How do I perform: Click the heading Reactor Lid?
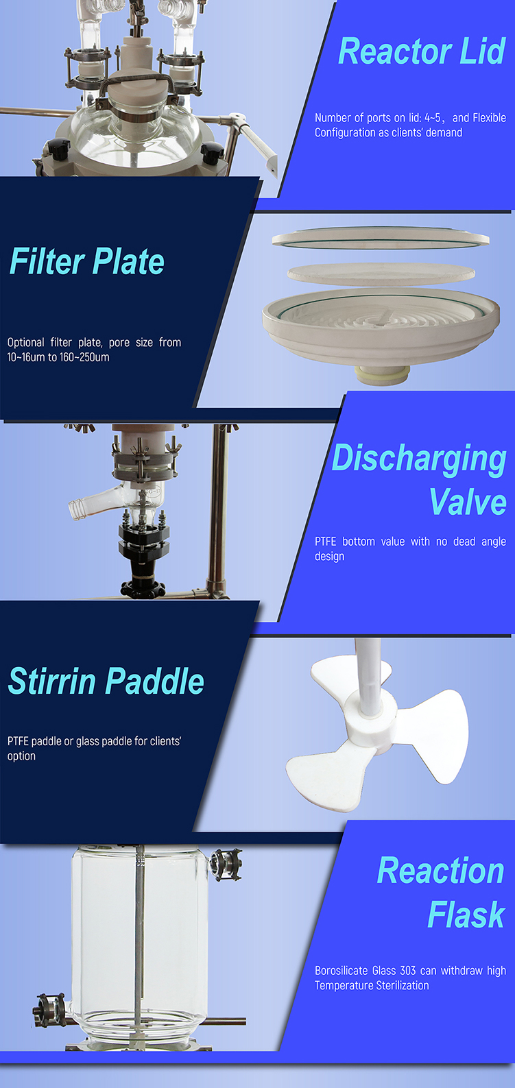(x=422, y=51)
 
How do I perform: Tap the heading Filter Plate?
(x=87, y=261)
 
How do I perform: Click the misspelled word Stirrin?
(x=53, y=681)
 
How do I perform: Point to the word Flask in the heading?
(x=466, y=915)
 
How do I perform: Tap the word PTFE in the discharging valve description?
(x=325, y=541)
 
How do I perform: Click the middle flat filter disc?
(x=381, y=274)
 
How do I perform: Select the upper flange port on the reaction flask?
(x=226, y=865)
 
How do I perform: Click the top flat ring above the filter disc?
(x=381, y=238)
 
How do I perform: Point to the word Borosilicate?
(x=342, y=971)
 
